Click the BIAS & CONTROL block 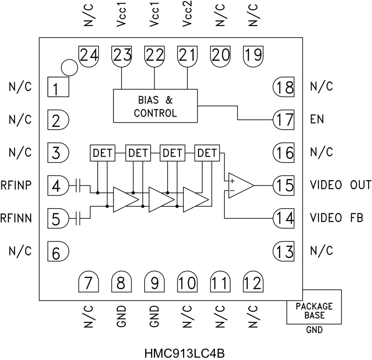[155, 106]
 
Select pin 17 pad [284, 119]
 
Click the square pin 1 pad [58, 87]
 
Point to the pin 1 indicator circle [69, 67]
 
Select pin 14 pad [284, 217]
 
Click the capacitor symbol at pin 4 [80, 186]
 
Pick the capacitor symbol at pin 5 [80, 216]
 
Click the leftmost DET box [103, 152]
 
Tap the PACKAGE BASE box [314, 310]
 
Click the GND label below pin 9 [155, 316]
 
